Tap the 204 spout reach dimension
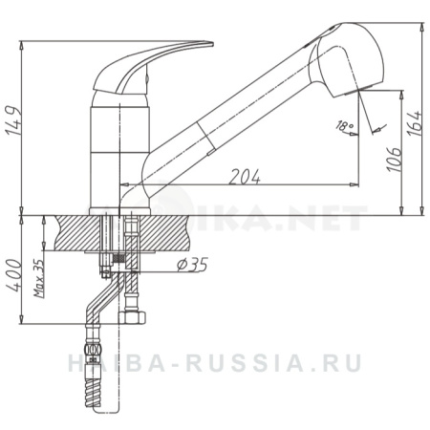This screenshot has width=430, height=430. coord(245,175)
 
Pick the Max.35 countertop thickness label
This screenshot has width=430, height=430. coord(39,278)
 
